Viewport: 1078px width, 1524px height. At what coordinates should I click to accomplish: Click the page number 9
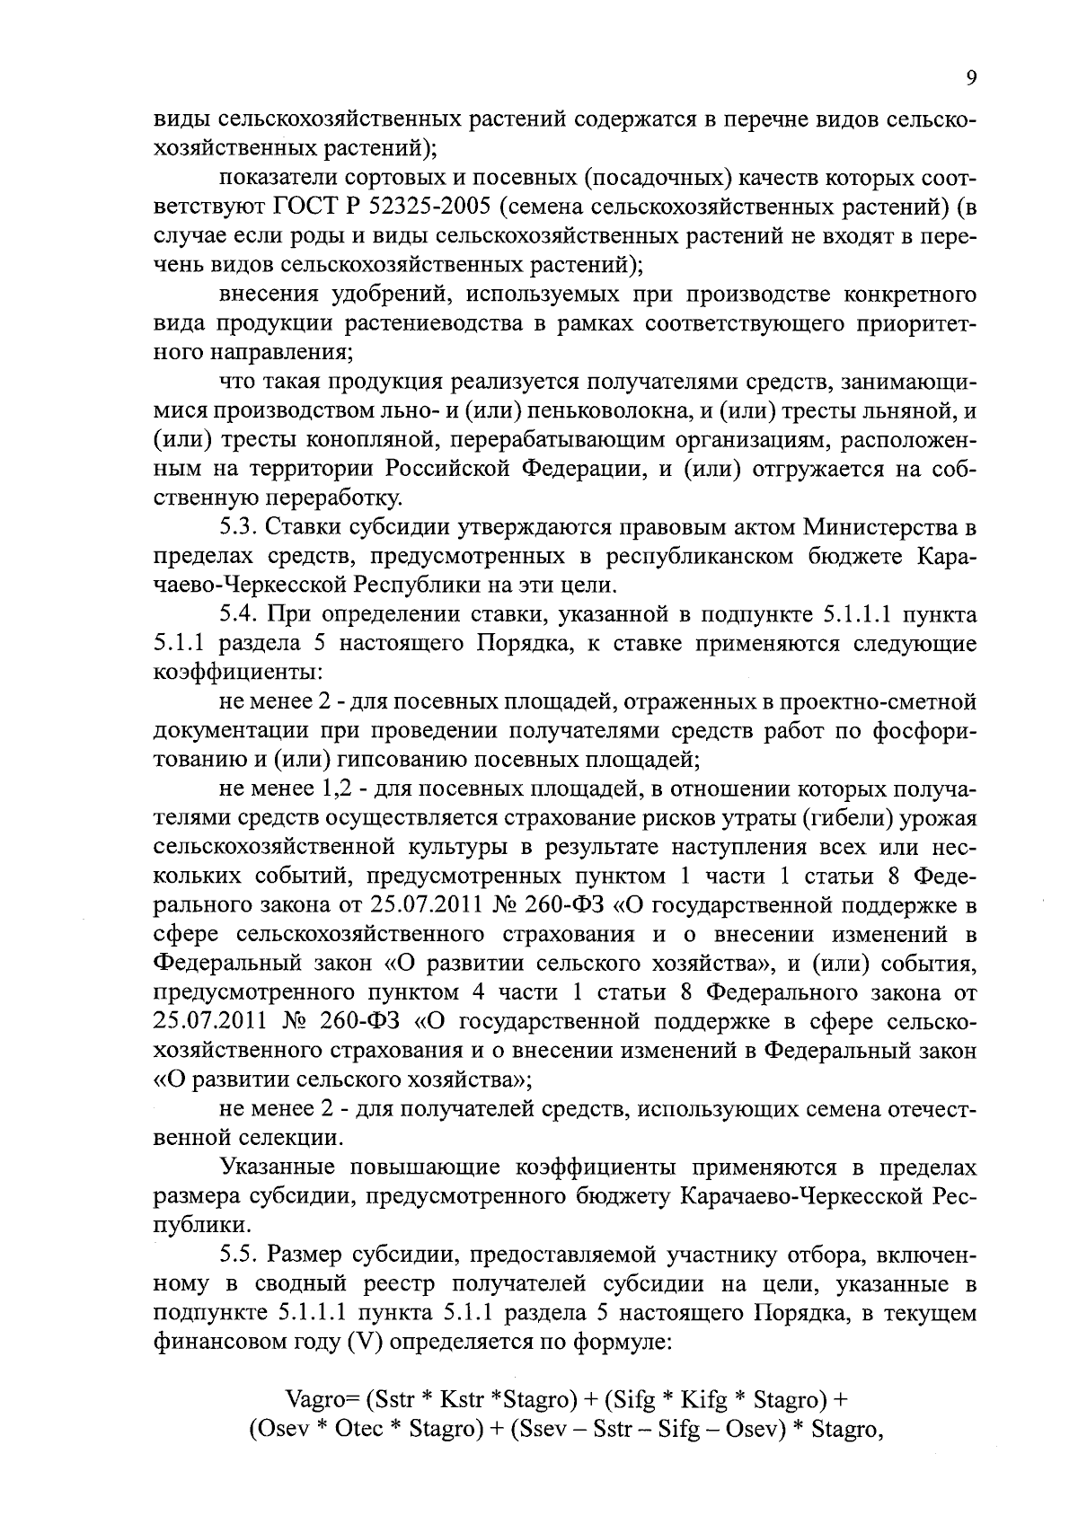[x=970, y=79]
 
